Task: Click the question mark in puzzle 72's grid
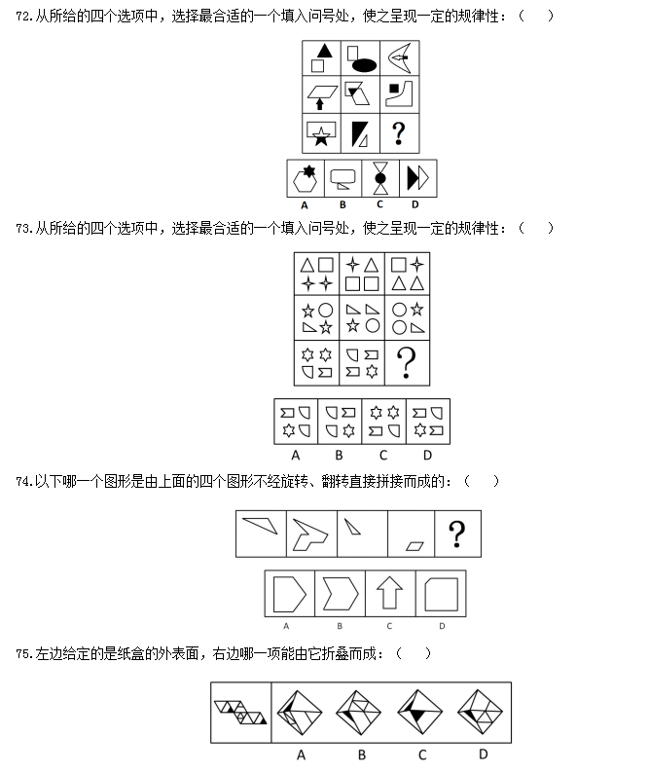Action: tap(399, 133)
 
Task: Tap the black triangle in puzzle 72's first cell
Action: tap(325, 51)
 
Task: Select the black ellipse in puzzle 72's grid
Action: tap(364, 64)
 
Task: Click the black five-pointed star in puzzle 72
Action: tap(321, 136)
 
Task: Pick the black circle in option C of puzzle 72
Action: tap(380, 178)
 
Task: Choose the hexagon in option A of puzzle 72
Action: tap(305, 181)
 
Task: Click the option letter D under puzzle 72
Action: tap(415, 204)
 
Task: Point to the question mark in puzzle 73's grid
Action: tap(407, 362)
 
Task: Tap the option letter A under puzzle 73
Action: tap(296, 455)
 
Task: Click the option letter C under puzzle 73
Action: tap(383, 455)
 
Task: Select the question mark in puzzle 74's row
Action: tap(456, 534)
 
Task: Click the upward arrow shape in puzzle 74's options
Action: tap(389, 593)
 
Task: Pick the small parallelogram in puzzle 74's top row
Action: tap(415, 546)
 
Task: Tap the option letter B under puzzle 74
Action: tap(340, 626)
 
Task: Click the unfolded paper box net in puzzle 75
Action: tap(240, 713)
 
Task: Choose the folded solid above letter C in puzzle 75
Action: tap(419, 712)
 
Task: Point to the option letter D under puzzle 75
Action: tap(484, 754)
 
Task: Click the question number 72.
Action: tap(23, 17)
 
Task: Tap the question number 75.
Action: tap(23, 654)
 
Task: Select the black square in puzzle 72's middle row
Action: tap(393, 89)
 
